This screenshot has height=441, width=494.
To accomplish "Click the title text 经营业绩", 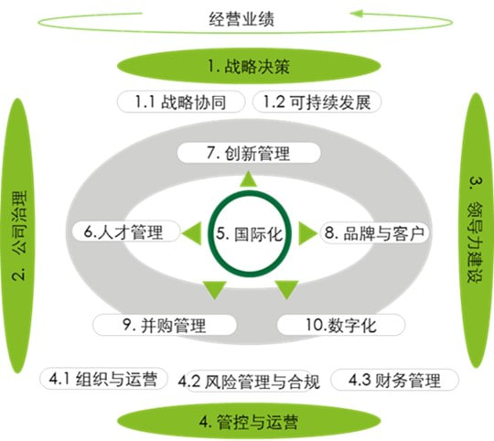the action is point(242,19).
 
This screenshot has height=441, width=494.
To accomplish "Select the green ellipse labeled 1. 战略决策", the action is point(249,66).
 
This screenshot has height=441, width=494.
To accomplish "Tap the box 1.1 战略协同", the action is point(181,102).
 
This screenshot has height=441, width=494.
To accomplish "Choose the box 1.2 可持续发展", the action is point(317,102).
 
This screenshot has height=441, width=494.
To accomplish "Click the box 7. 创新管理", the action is point(249,153).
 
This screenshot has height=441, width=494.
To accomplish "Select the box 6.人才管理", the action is point(126,231).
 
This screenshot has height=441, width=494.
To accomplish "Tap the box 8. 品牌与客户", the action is point(375,232).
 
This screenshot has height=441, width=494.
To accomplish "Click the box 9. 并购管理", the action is point(165,325).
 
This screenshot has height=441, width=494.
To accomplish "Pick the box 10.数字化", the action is point(341,325).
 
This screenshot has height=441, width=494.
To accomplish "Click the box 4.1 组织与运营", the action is point(103,378).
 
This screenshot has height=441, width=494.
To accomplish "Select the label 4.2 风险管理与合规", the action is point(249,382).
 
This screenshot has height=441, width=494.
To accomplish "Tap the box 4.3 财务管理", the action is point(395,380).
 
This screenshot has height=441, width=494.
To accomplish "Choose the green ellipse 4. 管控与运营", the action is point(249,422).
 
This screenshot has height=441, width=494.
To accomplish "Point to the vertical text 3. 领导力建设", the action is point(475,230).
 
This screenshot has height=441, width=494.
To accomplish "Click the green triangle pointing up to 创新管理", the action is point(249,179).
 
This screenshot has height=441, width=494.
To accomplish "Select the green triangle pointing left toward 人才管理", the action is point(192,233).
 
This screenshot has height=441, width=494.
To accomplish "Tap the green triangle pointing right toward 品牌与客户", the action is point(307,233).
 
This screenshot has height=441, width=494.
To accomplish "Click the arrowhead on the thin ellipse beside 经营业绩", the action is point(357,14).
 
